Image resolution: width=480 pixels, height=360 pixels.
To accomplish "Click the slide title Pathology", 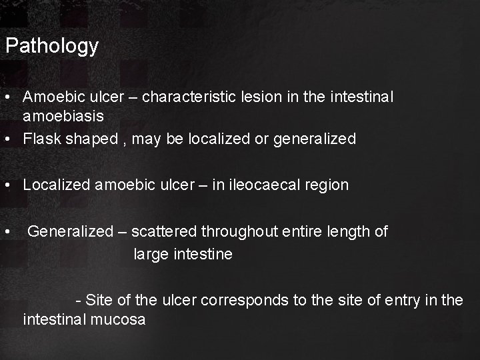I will pyautogui.click(x=52, y=47).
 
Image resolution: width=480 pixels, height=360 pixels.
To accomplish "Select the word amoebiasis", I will pyautogui.click(x=63, y=116).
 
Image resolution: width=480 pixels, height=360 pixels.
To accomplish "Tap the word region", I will pyautogui.click(x=325, y=185).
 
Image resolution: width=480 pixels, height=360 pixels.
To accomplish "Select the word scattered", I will pyautogui.click(x=164, y=231).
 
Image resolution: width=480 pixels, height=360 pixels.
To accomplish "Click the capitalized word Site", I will pyautogui.click(x=99, y=300).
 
